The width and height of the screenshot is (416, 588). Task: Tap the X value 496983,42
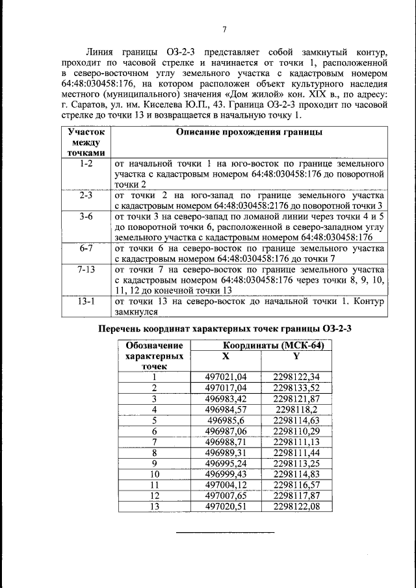click(226, 398)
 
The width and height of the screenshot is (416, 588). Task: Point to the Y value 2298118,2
click(296, 409)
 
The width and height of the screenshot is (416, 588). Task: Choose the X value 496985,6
click(226, 420)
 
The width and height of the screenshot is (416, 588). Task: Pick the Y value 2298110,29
click(296, 431)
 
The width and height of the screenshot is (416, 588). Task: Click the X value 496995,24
click(226, 464)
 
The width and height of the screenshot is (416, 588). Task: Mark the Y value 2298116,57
click(296, 485)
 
